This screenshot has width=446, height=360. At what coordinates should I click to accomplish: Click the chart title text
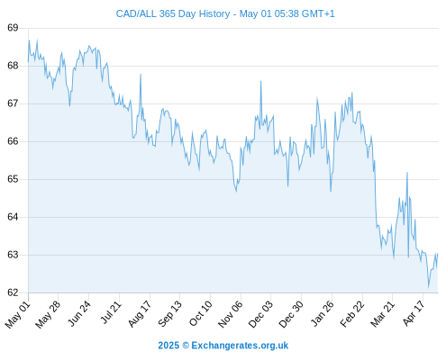[225, 13]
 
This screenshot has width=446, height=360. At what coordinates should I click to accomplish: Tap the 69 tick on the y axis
[13, 28]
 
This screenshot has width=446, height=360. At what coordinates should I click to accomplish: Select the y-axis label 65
[13, 179]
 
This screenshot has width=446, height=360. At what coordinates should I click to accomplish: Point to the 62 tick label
[13, 292]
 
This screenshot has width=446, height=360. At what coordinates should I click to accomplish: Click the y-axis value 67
[13, 103]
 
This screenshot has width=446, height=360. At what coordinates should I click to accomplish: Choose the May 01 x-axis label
[17, 314]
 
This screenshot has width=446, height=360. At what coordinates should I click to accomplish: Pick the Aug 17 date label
[139, 314]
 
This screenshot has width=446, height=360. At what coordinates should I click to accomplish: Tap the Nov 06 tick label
[230, 314]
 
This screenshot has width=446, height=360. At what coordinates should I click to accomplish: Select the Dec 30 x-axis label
[290, 314]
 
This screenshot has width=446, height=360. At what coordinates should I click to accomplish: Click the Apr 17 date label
[414, 313]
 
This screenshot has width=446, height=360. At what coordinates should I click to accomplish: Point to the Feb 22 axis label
[351, 314]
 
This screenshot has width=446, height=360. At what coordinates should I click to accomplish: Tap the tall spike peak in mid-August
[141, 74]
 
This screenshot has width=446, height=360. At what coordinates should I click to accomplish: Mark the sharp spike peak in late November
[260, 81]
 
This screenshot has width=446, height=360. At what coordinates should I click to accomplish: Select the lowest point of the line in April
[429, 287]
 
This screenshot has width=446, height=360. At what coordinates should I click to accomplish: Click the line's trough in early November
[236, 192]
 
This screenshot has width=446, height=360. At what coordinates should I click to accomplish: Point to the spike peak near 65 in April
[407, 173]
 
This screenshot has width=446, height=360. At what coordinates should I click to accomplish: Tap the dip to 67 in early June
[69, 106]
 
